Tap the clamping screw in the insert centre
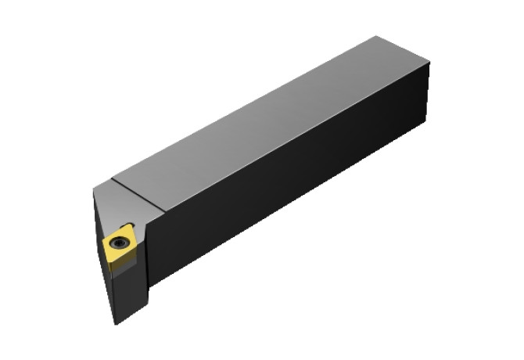(x=120, y=243)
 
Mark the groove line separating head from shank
(x=139, y=194)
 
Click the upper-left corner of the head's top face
(x=95, y=188)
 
